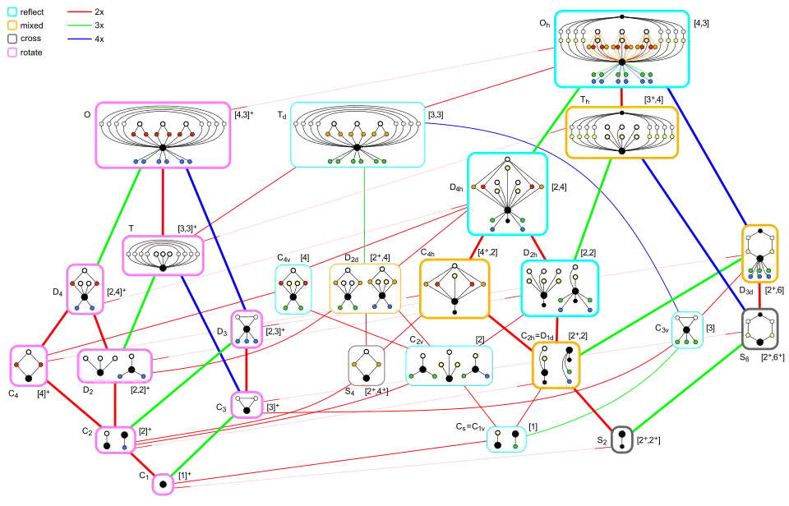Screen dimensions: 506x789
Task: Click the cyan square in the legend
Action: [12, 12]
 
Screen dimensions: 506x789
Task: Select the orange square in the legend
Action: [12, 25]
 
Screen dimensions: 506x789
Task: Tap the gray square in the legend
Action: [12, 39]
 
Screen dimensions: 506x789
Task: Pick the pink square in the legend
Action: [12, 52]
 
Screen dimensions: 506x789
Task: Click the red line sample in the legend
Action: [79, 11]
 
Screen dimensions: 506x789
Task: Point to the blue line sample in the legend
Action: [79, 39]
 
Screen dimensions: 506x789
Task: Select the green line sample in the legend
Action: [79, 24]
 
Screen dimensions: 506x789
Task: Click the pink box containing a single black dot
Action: [163, 485]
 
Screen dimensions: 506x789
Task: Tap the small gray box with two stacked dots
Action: [622, 439]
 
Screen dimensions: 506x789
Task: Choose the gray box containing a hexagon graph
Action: [760, 329]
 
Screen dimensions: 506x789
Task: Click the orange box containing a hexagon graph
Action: [760, 253]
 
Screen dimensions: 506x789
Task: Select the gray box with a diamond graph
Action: [367, 365]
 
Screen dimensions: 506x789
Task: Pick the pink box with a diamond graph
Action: [29, 366]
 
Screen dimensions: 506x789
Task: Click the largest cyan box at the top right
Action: [621, 48]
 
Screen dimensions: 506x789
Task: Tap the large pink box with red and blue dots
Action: [162, 135]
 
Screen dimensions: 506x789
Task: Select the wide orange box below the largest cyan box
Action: [621, 132]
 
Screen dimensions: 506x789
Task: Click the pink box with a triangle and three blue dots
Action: [247, 329]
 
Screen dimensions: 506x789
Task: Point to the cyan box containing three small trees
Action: [449, 366]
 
